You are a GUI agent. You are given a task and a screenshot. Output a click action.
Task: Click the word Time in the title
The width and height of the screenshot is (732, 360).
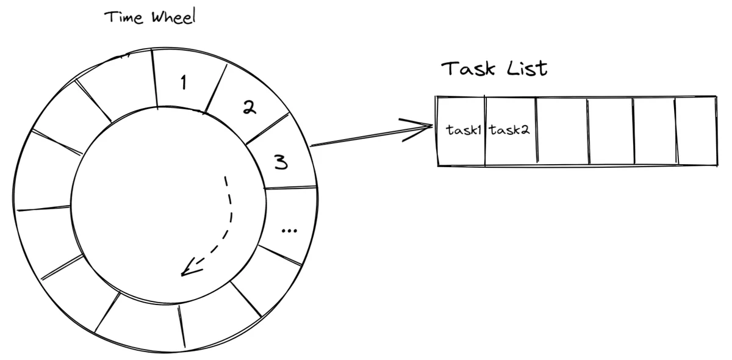click(x=124, y=17)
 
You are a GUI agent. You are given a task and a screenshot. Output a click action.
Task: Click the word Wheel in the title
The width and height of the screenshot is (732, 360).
click(x=173, y=16)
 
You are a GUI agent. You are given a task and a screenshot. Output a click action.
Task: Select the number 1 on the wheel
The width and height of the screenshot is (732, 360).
click(x=184, y=82)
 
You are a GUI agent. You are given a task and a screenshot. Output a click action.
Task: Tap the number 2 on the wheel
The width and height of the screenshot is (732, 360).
click(x=249, y=107)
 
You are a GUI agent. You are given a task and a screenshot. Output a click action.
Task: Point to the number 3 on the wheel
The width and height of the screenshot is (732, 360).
click(x=281, y=162)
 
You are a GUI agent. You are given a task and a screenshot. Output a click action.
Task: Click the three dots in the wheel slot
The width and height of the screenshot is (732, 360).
click(x=289, y=231)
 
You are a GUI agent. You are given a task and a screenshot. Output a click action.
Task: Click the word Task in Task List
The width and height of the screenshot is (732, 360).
click(x=468, y=69)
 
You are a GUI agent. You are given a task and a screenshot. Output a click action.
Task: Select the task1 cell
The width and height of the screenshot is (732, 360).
click(x=461, y=131)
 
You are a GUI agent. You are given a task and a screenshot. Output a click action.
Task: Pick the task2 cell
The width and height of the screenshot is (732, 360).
click(x=511, y=131)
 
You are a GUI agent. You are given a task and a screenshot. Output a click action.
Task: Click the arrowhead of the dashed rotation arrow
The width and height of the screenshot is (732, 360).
click(x=191, y=267)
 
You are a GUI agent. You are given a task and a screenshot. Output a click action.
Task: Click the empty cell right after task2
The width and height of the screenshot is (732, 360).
click(x=562, y=131)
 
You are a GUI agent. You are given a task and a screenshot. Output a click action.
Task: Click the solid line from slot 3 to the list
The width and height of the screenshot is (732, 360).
click(x=371, y=135)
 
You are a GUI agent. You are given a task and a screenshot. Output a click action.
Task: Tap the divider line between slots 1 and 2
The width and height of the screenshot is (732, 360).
click(x=216, y=89)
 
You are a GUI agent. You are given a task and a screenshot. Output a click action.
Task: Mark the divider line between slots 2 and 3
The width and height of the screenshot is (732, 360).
click(x=268, y=129)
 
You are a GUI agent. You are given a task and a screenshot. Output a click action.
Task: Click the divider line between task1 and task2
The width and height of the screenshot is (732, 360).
click(x=486, y=131)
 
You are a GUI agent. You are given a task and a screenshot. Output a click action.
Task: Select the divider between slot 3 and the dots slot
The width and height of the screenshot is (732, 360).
click(x=290, y=188)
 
